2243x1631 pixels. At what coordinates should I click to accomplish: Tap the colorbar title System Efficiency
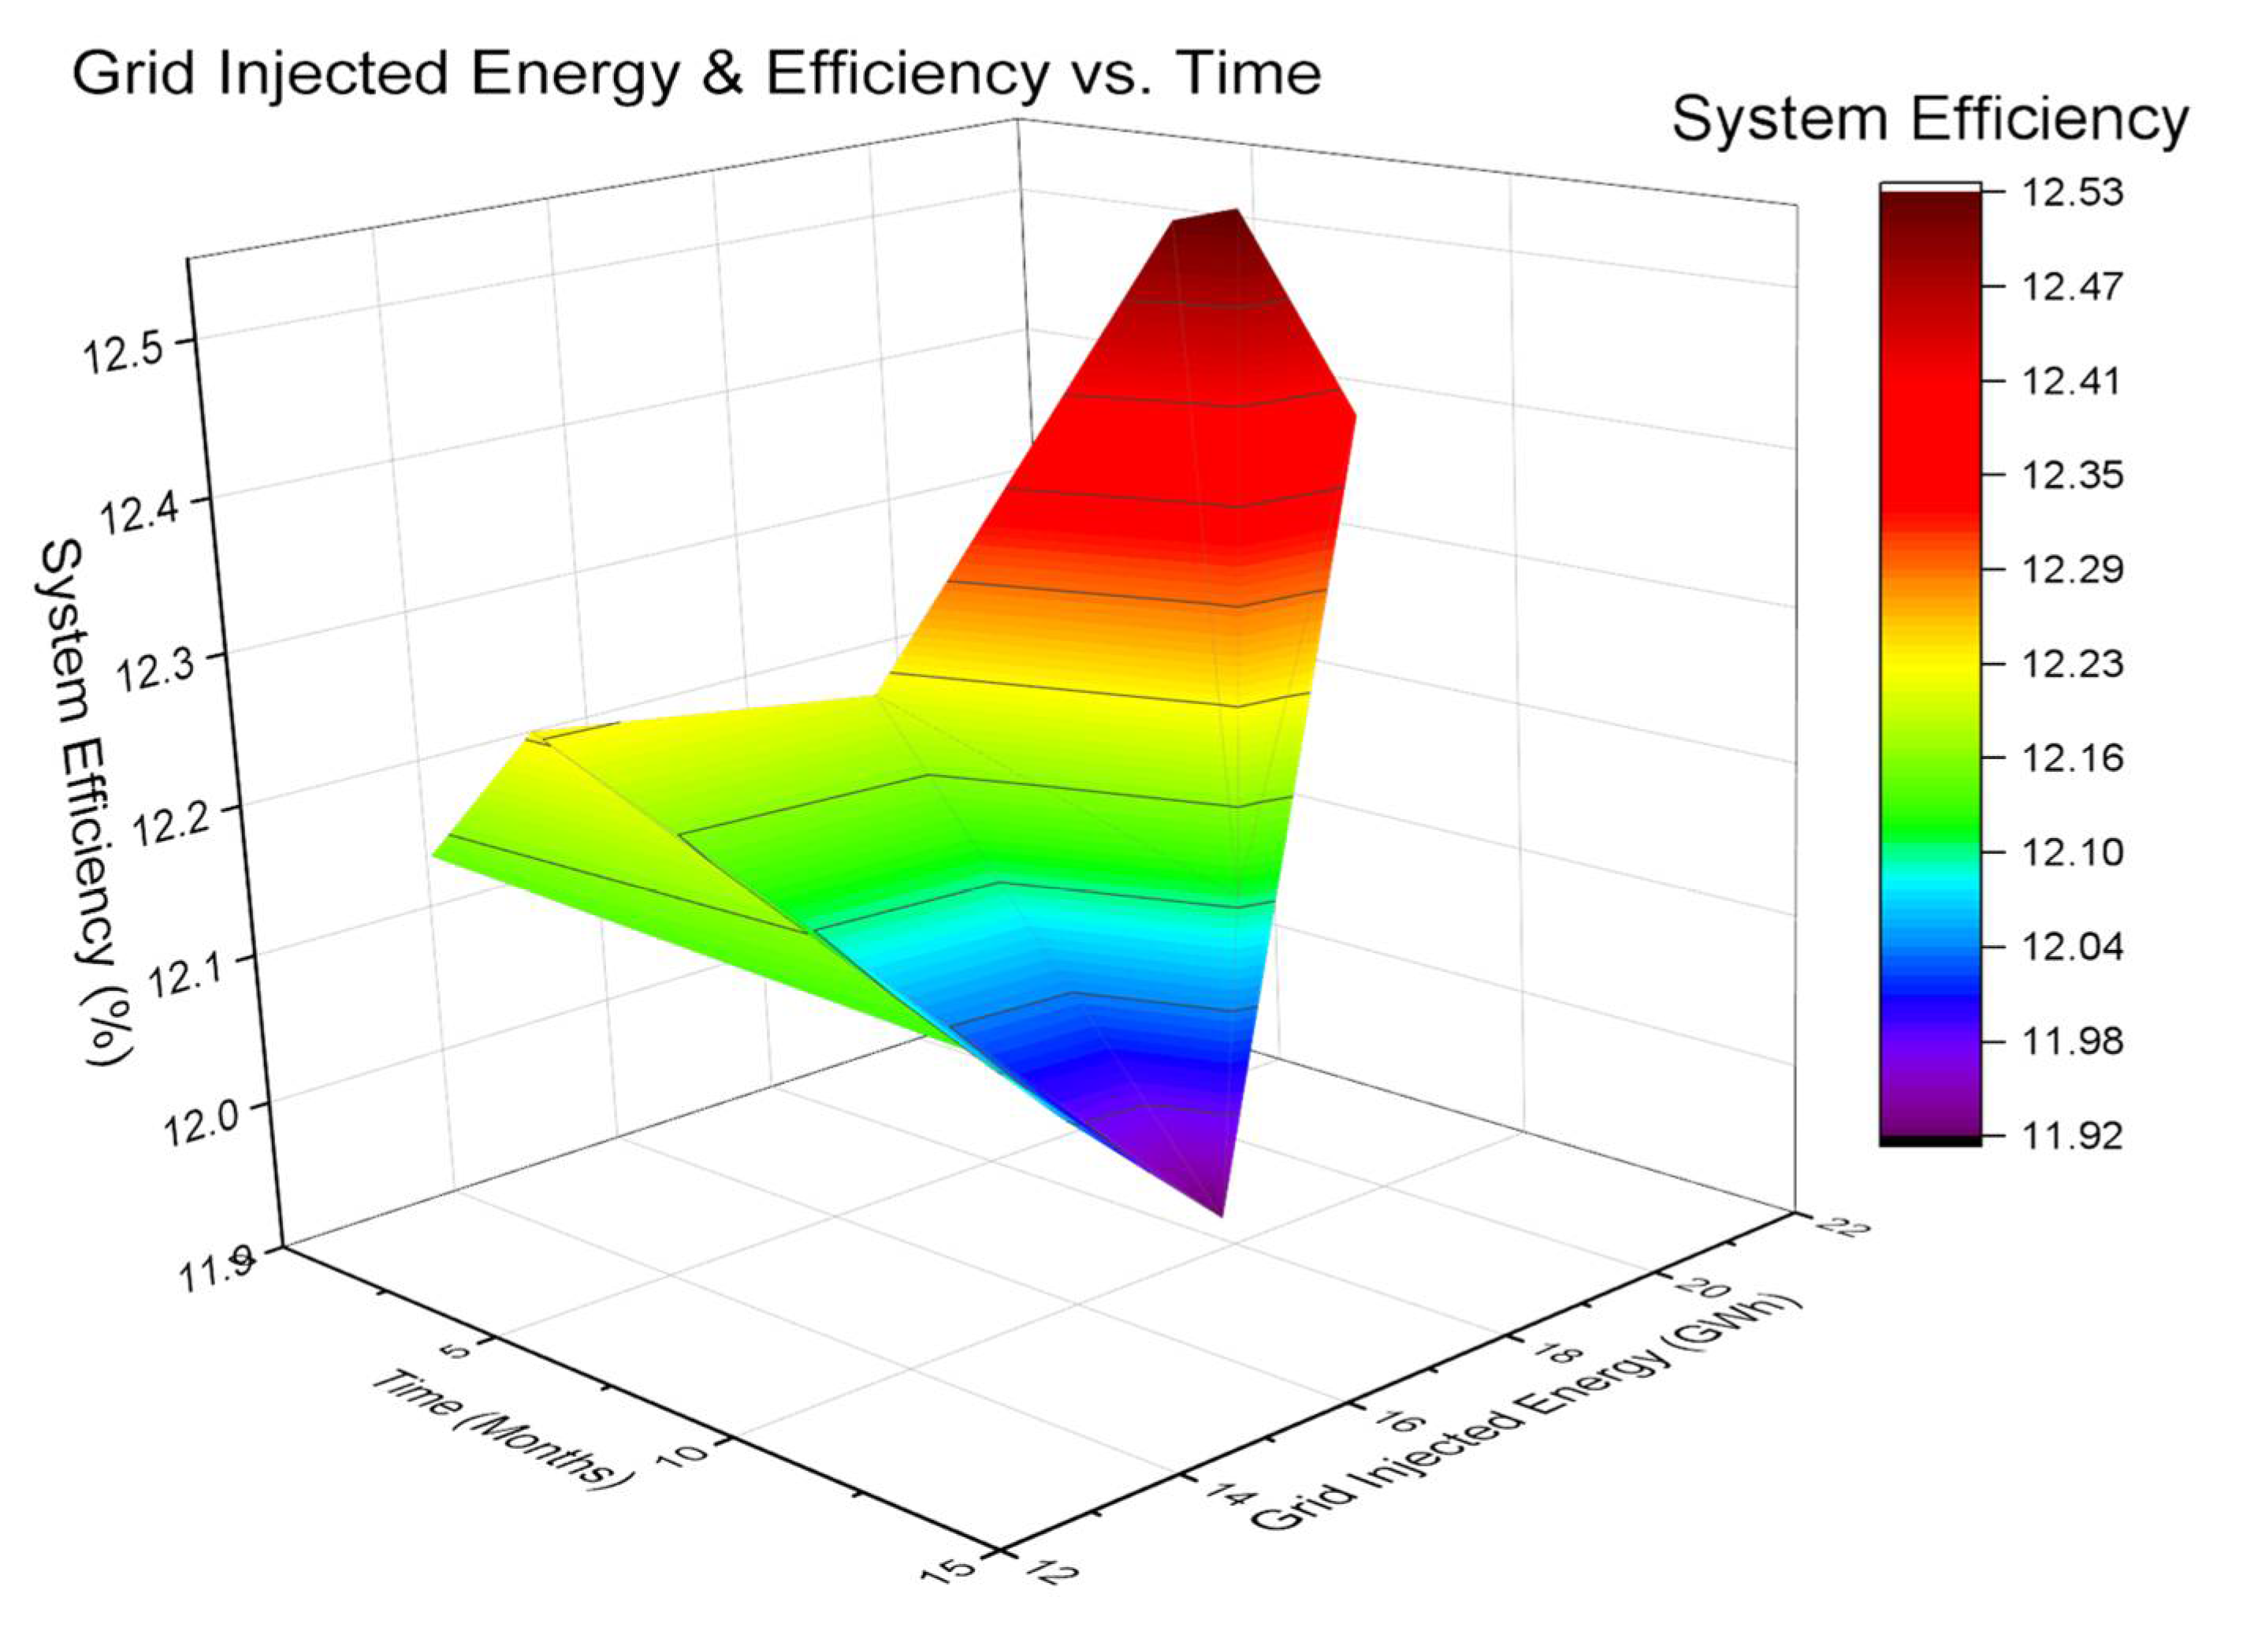(x=1929, y=120)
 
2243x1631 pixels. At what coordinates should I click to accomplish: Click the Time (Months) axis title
(x=501, y=1428)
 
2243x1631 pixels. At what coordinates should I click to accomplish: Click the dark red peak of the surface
(x=1207, y=237)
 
